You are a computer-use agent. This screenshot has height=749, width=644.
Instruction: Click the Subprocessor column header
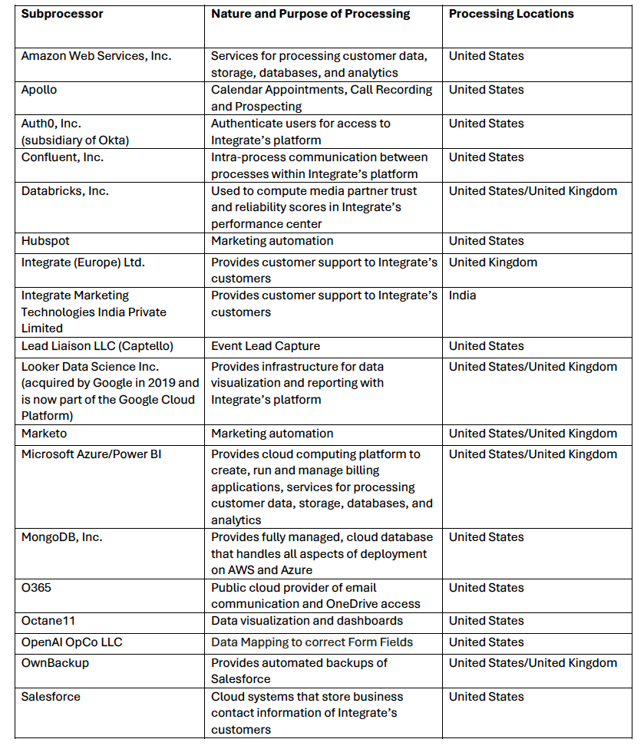coord(62,14)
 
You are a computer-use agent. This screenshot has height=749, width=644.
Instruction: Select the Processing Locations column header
coord(510,14)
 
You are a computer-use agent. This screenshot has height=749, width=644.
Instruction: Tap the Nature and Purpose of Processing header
coord(311,14)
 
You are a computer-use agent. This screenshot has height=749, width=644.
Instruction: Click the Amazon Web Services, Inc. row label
coord(96,56)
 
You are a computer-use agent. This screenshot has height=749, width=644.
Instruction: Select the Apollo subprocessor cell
coord(39,90)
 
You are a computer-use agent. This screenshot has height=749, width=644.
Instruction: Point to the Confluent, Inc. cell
coord(62,157)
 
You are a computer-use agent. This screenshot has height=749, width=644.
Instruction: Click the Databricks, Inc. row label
coord(64,191)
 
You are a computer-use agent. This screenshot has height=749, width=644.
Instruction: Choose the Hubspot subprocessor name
coord(45,241)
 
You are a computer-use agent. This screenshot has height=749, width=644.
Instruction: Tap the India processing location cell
coord(462,295)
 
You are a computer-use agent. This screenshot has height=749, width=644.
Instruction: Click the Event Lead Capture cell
coord(266,346)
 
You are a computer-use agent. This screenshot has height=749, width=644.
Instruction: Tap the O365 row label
coord(35,588)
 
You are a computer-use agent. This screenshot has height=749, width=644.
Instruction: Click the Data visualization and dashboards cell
coord(307,621)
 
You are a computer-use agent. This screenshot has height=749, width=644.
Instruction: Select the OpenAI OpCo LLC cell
coord(71,642)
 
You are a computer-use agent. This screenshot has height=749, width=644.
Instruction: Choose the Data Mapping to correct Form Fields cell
coord(312,642)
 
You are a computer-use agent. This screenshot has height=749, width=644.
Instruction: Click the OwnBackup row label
coord(54,663)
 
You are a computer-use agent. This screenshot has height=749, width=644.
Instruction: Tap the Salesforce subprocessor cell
coord(51,697)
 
